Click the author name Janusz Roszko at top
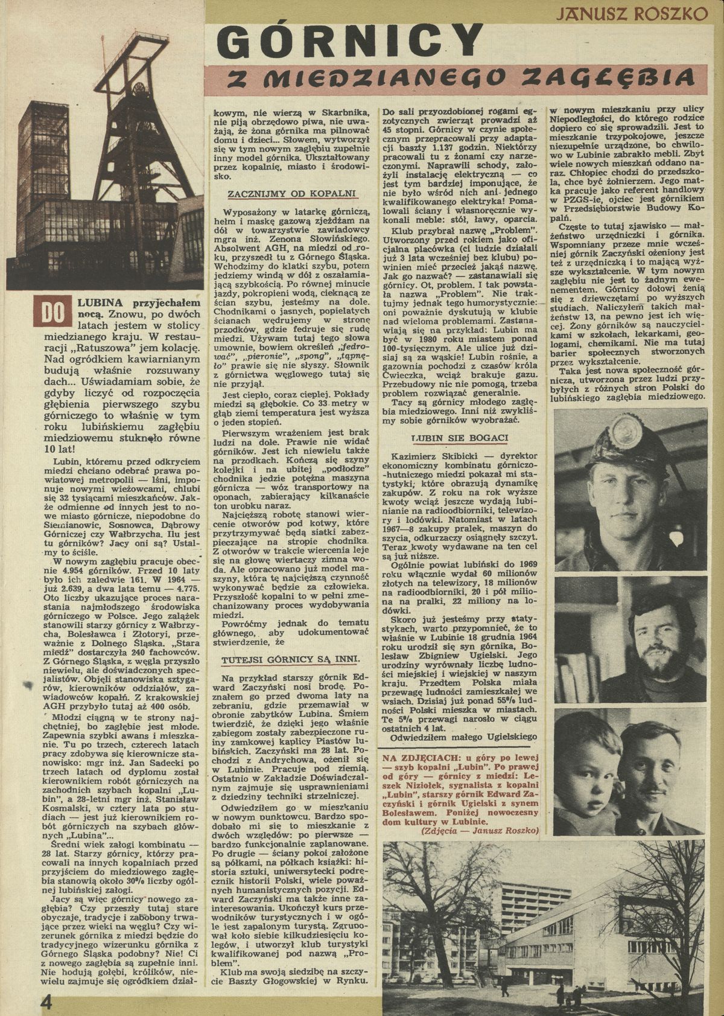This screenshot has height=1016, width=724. pos(632,13)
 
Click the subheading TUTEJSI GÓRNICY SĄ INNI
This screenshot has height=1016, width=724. pos(291,659)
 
